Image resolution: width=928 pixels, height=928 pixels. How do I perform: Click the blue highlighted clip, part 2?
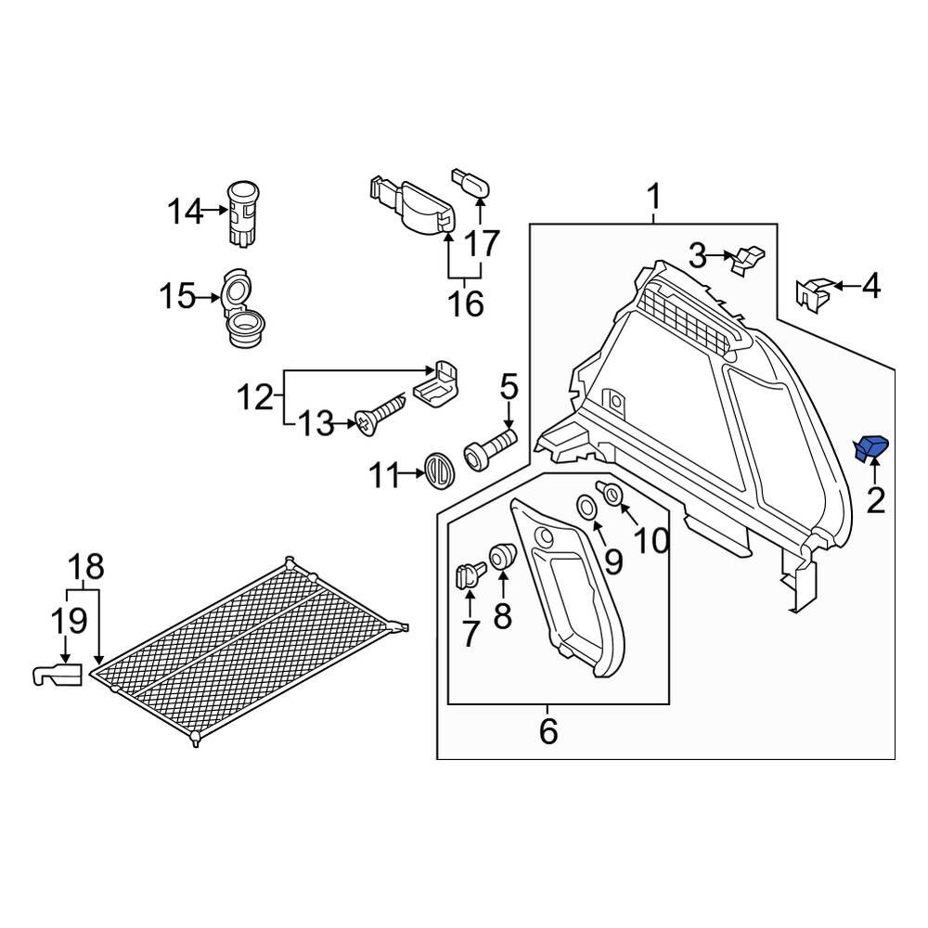871,448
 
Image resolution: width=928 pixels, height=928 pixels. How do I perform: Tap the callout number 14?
184,212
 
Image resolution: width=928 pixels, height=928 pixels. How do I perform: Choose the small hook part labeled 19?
58,674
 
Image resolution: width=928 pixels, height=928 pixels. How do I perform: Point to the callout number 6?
548,731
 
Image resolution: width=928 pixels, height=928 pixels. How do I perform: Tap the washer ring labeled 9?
587,508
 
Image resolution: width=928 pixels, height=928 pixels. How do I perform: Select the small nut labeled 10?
612,495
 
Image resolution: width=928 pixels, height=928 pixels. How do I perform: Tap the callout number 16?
468,303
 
